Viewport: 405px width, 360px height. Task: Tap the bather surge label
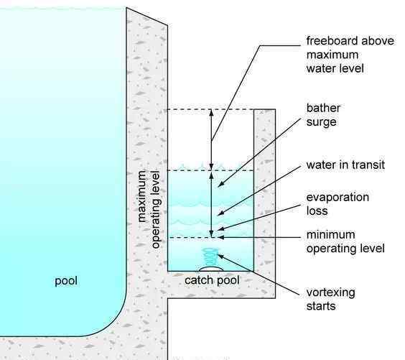tap(323, 115)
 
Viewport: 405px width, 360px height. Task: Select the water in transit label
tap(345, 165)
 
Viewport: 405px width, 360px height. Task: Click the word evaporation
tap(337, 198)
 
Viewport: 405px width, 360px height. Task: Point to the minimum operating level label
tap(345, 241)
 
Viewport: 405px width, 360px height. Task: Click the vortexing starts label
tap(331, 299)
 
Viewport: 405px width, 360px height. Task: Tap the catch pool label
tap(212, 281)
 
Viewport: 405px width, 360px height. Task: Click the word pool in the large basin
tap(66, 281)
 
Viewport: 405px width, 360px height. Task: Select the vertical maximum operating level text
tap(149, 209)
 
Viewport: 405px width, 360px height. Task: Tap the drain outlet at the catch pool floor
tap(211, 269)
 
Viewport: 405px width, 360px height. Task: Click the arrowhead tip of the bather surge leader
tap(218, 186)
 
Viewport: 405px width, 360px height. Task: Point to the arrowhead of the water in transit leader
tap(218, 215)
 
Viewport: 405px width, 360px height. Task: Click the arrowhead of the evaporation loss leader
tap(218, 229)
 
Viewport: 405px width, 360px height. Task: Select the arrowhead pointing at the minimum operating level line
tap(218, 237)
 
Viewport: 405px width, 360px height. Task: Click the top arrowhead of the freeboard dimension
tap(211, 110)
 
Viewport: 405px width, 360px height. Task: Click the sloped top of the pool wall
tap(146, 17)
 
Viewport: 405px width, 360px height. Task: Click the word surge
tap(321, 121)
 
